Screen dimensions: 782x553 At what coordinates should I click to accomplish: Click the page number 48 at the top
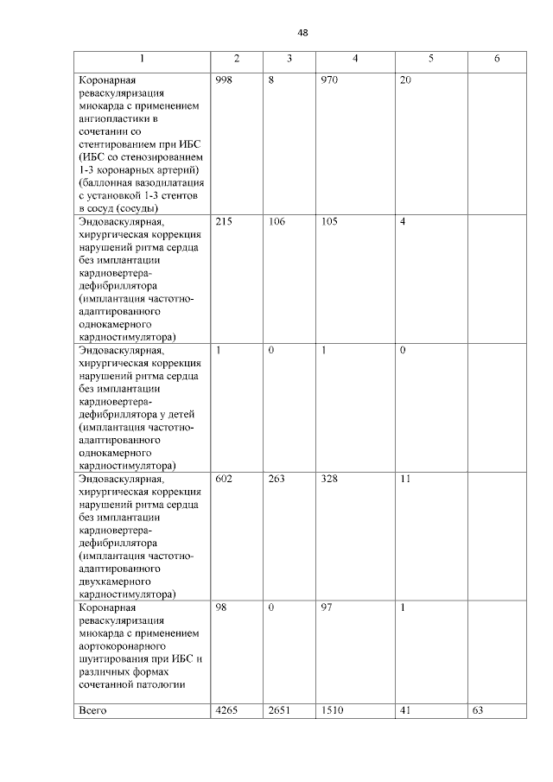pyautogui.click(x=302, y=33)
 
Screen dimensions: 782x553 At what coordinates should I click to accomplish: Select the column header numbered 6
pyautogui.click(x=497, y=59)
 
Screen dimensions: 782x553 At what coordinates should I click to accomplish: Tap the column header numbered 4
pyautogui.click(x=355, y=59)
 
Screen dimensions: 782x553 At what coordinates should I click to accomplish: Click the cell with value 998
pyautogui.click(x=225, y=79)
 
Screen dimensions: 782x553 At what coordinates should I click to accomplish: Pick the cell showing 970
pyautogui.click(x=329, y=79)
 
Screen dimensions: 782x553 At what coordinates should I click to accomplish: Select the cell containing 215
pyautogui.click(x=225, y=222)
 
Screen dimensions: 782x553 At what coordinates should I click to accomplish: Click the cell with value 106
pyautogui.click(x=277, y=222)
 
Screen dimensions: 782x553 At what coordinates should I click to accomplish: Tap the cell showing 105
pyautogui.click(x=329, y=222)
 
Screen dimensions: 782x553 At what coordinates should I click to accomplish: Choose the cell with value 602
pyautogui.click(x=225, y=478)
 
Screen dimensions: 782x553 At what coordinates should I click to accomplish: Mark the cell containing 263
pyautogui.click(x=277, y=478)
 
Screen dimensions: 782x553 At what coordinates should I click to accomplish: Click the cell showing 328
pyautogui.click(x=329, y=478)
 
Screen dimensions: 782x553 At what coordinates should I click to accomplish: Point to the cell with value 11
pyautogui.click(x=405, y=478)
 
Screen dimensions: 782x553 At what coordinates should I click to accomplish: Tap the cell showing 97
pyautogui.click(x=327, y=608)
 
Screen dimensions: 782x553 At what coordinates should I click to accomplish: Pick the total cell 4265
pyautogui.click(x=227, y=710)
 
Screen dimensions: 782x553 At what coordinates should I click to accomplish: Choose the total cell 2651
pyautogui.click(x=280, y=710)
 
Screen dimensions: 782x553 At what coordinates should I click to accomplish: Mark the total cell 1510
pyautogui.click(x=332, y=710)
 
